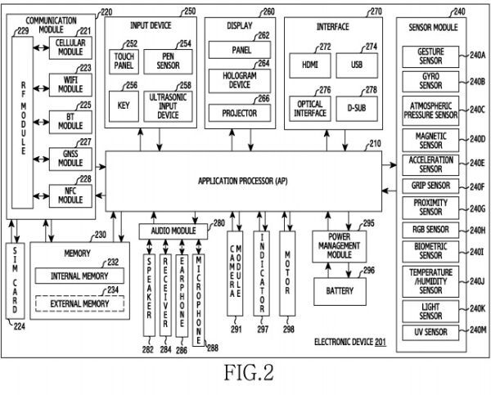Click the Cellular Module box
pos(70,47)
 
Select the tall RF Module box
pos(23,123)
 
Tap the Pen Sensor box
pos(168,61)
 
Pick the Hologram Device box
pos(240,81)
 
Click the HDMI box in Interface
pos(310,65)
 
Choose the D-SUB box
pos(357,109)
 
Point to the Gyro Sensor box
pos(430,82)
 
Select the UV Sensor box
pos(430,332)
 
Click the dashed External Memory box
pos(79,303)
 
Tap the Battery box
pos(340,291)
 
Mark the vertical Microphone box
pos(199,300)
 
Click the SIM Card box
pos(15,281)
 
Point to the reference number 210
pos(375,144)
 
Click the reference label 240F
pos(477,186)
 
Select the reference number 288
pos(213,348)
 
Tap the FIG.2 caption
pos(249,372)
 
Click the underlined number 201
pos(381,342)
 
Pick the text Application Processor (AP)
pos(243,181)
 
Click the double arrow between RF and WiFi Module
pos(41,88)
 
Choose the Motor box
pos(287,274)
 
